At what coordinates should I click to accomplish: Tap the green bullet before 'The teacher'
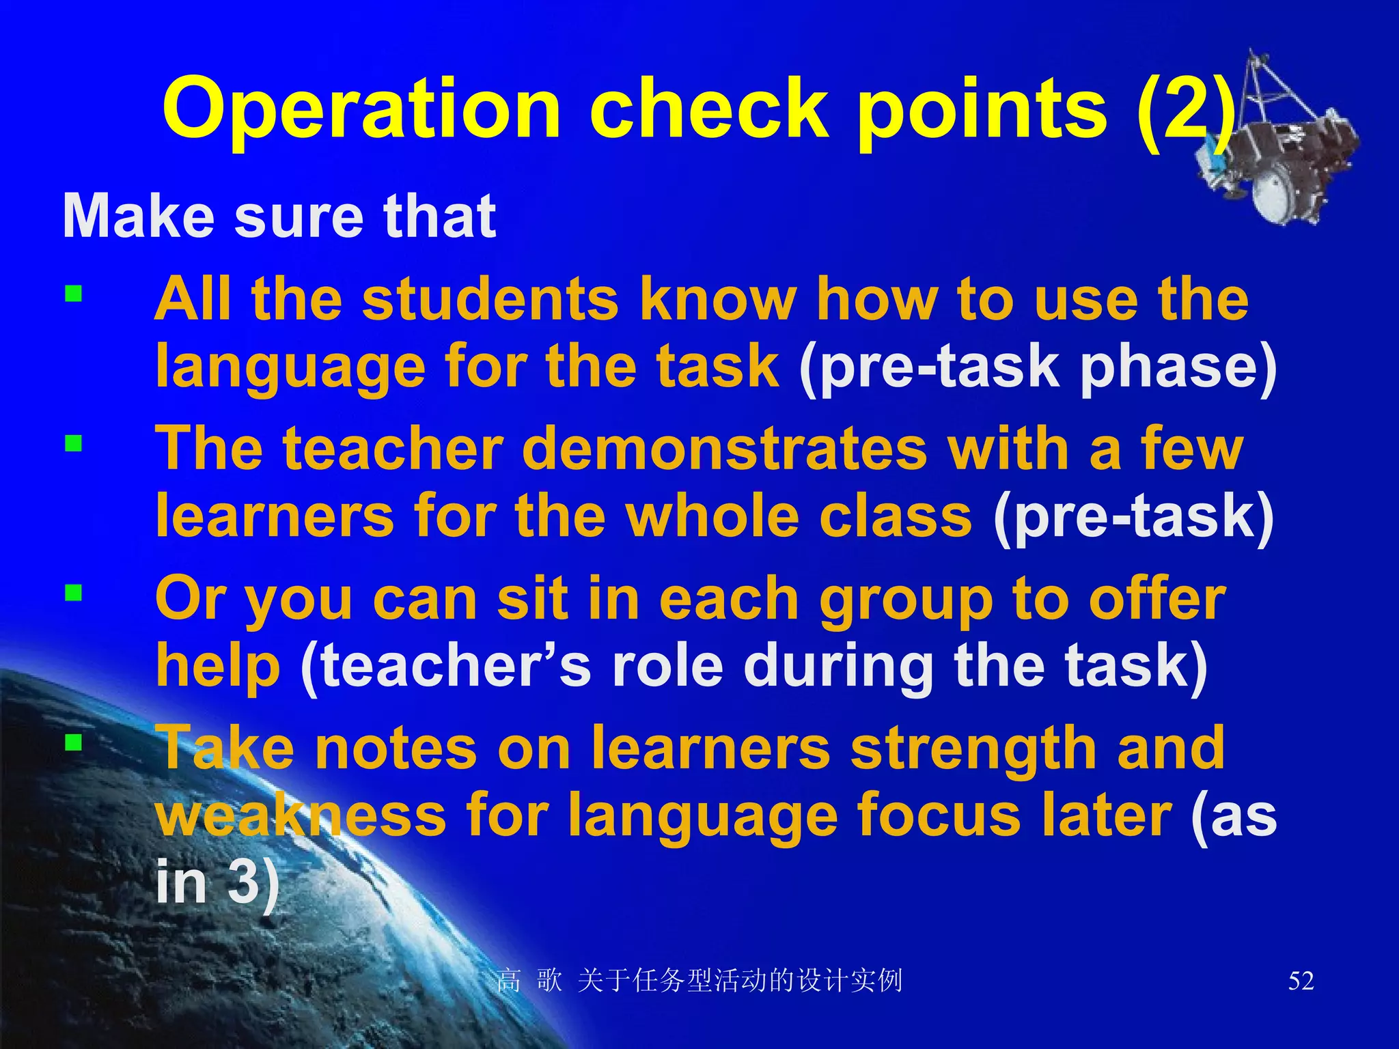[x=74, y=445]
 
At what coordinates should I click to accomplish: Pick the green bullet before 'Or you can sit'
[x=74, y=593]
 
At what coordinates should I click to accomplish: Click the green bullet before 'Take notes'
[x=74, y=742]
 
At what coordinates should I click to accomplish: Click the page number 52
[x=1301, y=981]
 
